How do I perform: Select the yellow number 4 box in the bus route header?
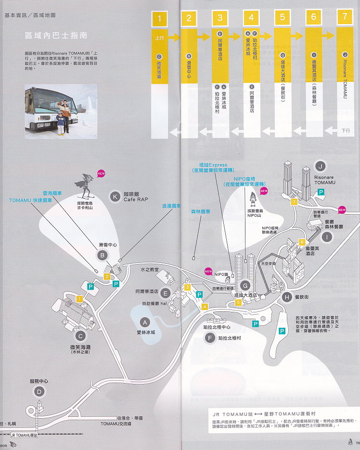251,18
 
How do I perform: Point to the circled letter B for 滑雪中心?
102,255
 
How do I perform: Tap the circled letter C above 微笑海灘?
81,336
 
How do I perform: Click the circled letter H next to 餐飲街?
287,297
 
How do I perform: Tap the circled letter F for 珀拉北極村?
209,338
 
